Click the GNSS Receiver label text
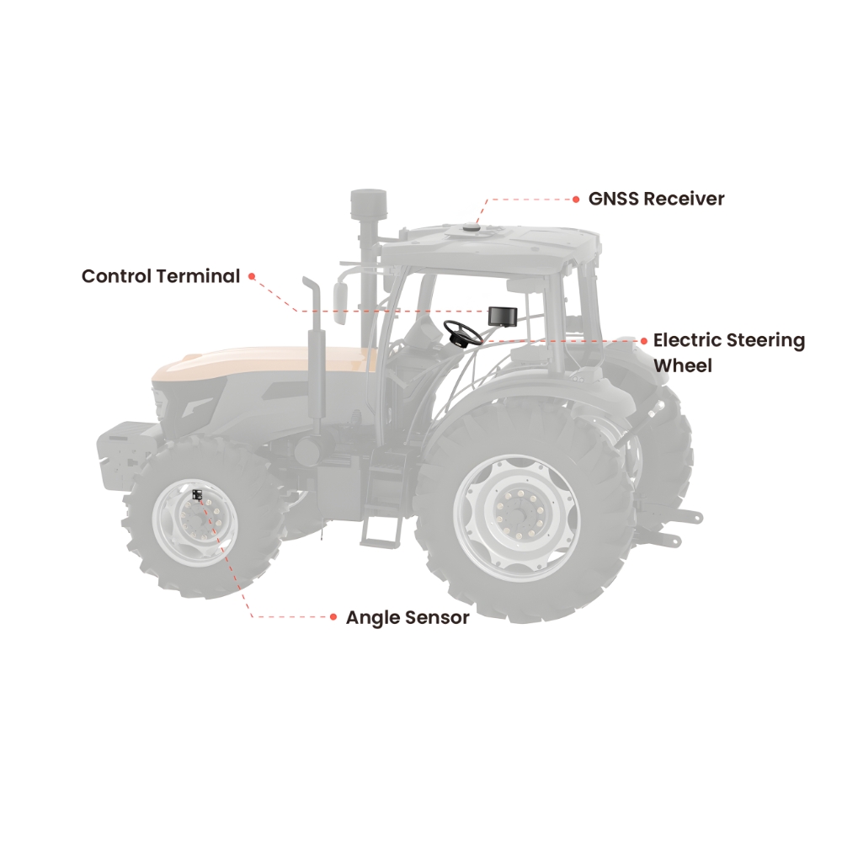(x=656, y=199)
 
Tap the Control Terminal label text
(x=161, y=276)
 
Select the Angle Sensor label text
(x=408, y=617)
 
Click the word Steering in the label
(x=766, y=341)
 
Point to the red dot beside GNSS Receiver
(x=576, y=200)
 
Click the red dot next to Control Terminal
(x=251, y=276)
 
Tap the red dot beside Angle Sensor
(x=333, y=617)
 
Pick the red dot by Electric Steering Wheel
(x=644, y=341)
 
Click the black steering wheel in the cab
(x=462, y=332)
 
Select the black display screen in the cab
(x=502, y=316)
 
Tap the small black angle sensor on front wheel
(x=197, y=494)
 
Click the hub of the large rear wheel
(x=518, y=513)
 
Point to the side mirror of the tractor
(x=340, y=303)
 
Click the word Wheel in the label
(x=683, y=366)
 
